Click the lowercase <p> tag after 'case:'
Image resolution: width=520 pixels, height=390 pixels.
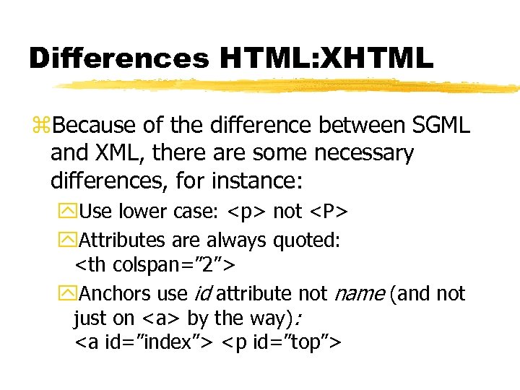tap(248, 212)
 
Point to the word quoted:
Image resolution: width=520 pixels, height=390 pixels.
tap(306, 240)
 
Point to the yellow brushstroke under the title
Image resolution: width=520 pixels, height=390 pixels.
tap(289, 86)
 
